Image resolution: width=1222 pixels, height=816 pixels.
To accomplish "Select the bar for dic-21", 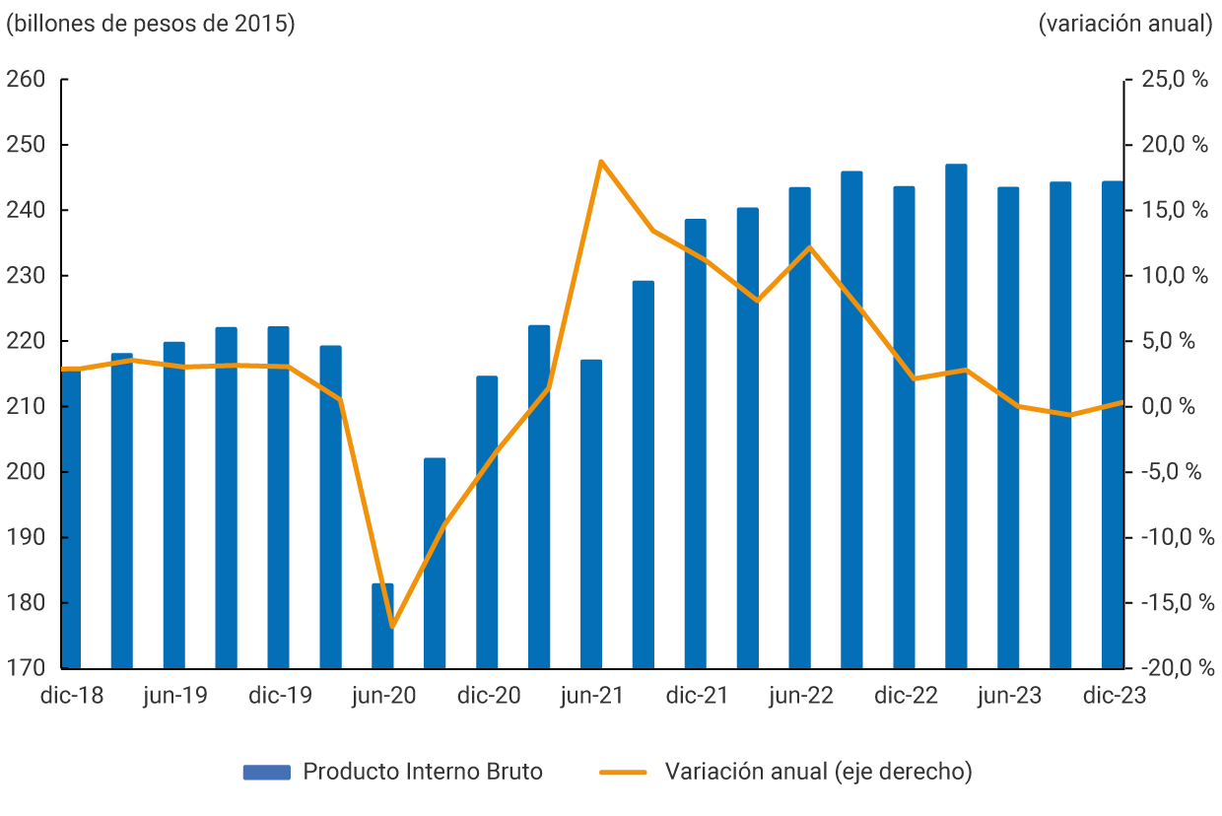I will [x=695, y=443].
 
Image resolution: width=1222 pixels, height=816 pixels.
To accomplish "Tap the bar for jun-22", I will [x=799, y=429].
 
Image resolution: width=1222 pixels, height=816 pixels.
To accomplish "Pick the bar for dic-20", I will [x=487, y=522].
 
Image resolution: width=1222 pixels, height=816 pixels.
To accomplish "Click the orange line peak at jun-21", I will [x=600, y=162].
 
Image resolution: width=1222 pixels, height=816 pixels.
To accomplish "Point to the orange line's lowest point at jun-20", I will [x=391, y=626].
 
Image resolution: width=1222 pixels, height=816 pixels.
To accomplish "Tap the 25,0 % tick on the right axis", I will [x=1174, y=80].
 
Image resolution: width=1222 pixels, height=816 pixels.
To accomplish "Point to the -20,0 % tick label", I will [x=1173, y=668].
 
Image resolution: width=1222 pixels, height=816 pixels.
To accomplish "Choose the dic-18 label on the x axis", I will [x=71, y=696].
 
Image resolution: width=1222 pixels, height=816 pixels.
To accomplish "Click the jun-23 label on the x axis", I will [x=1008, y=696].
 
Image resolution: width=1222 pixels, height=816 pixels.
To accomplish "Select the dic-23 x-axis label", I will [x=1115, y=696].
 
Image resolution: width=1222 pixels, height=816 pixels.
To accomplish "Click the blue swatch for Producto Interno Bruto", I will [x=266, y=772].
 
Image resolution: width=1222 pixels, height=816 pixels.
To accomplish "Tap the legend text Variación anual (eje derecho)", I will [x=818, y=772].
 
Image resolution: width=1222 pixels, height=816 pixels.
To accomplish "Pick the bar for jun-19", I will [x=173, y=505].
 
